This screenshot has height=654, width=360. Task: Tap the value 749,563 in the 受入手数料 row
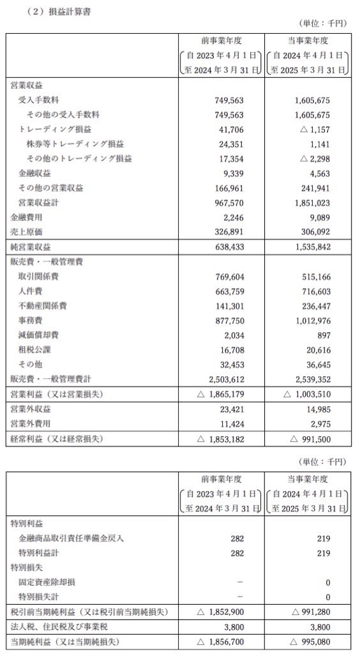click(229, 100)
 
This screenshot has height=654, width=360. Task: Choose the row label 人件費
click(31, 291)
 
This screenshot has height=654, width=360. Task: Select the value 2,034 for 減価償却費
click(234, 335)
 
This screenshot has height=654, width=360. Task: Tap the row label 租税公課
click(34, 350)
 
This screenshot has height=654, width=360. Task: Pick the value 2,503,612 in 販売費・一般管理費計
click(224, 379)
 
